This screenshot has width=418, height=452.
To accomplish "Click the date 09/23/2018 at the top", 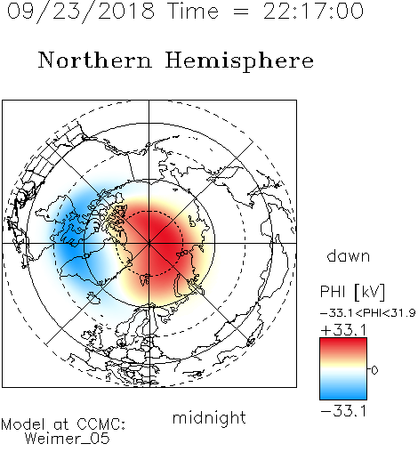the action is pos(81,12).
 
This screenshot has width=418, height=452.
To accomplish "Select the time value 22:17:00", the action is pos(313,11).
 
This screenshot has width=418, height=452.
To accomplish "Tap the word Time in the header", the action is pos(193,11).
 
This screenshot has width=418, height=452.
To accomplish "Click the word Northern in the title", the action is pos(94,60).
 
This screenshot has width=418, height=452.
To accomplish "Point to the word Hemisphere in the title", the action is pos(239,61).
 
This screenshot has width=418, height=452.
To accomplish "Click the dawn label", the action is pos(349,255).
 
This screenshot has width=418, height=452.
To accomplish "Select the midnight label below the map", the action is pos(209,417).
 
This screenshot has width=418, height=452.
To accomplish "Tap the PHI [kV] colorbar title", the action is pos(352,292).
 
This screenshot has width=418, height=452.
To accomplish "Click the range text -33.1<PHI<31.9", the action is pos(368,313).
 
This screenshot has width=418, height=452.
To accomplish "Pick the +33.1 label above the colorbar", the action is pos(344,330).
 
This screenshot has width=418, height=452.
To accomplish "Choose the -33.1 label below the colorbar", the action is pos(344,411).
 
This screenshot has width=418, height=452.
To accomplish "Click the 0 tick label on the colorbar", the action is pos(374,370).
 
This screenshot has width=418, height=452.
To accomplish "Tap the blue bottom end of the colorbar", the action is pos(343,398).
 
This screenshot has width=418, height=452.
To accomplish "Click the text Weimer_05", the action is pos(67,439).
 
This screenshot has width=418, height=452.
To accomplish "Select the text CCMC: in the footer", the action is pos(100,424).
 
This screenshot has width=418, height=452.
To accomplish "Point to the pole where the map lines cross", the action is pos(149,243).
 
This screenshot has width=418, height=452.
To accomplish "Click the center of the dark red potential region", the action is pos(157,240).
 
